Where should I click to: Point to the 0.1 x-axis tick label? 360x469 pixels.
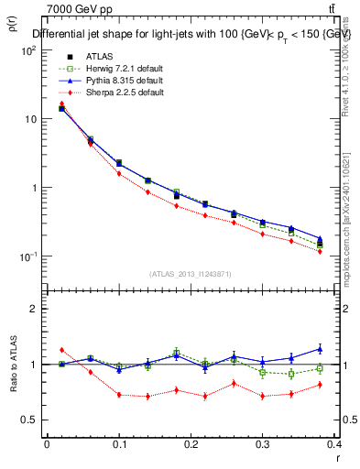[x=119, y=444]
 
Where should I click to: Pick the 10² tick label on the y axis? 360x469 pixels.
[x=27, y=51]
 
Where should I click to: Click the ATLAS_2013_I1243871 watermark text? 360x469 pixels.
[x=191, y=273]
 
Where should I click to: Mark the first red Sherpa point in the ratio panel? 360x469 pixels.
[x=61, y=350]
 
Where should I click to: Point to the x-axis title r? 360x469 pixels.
[x=338, y=456]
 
